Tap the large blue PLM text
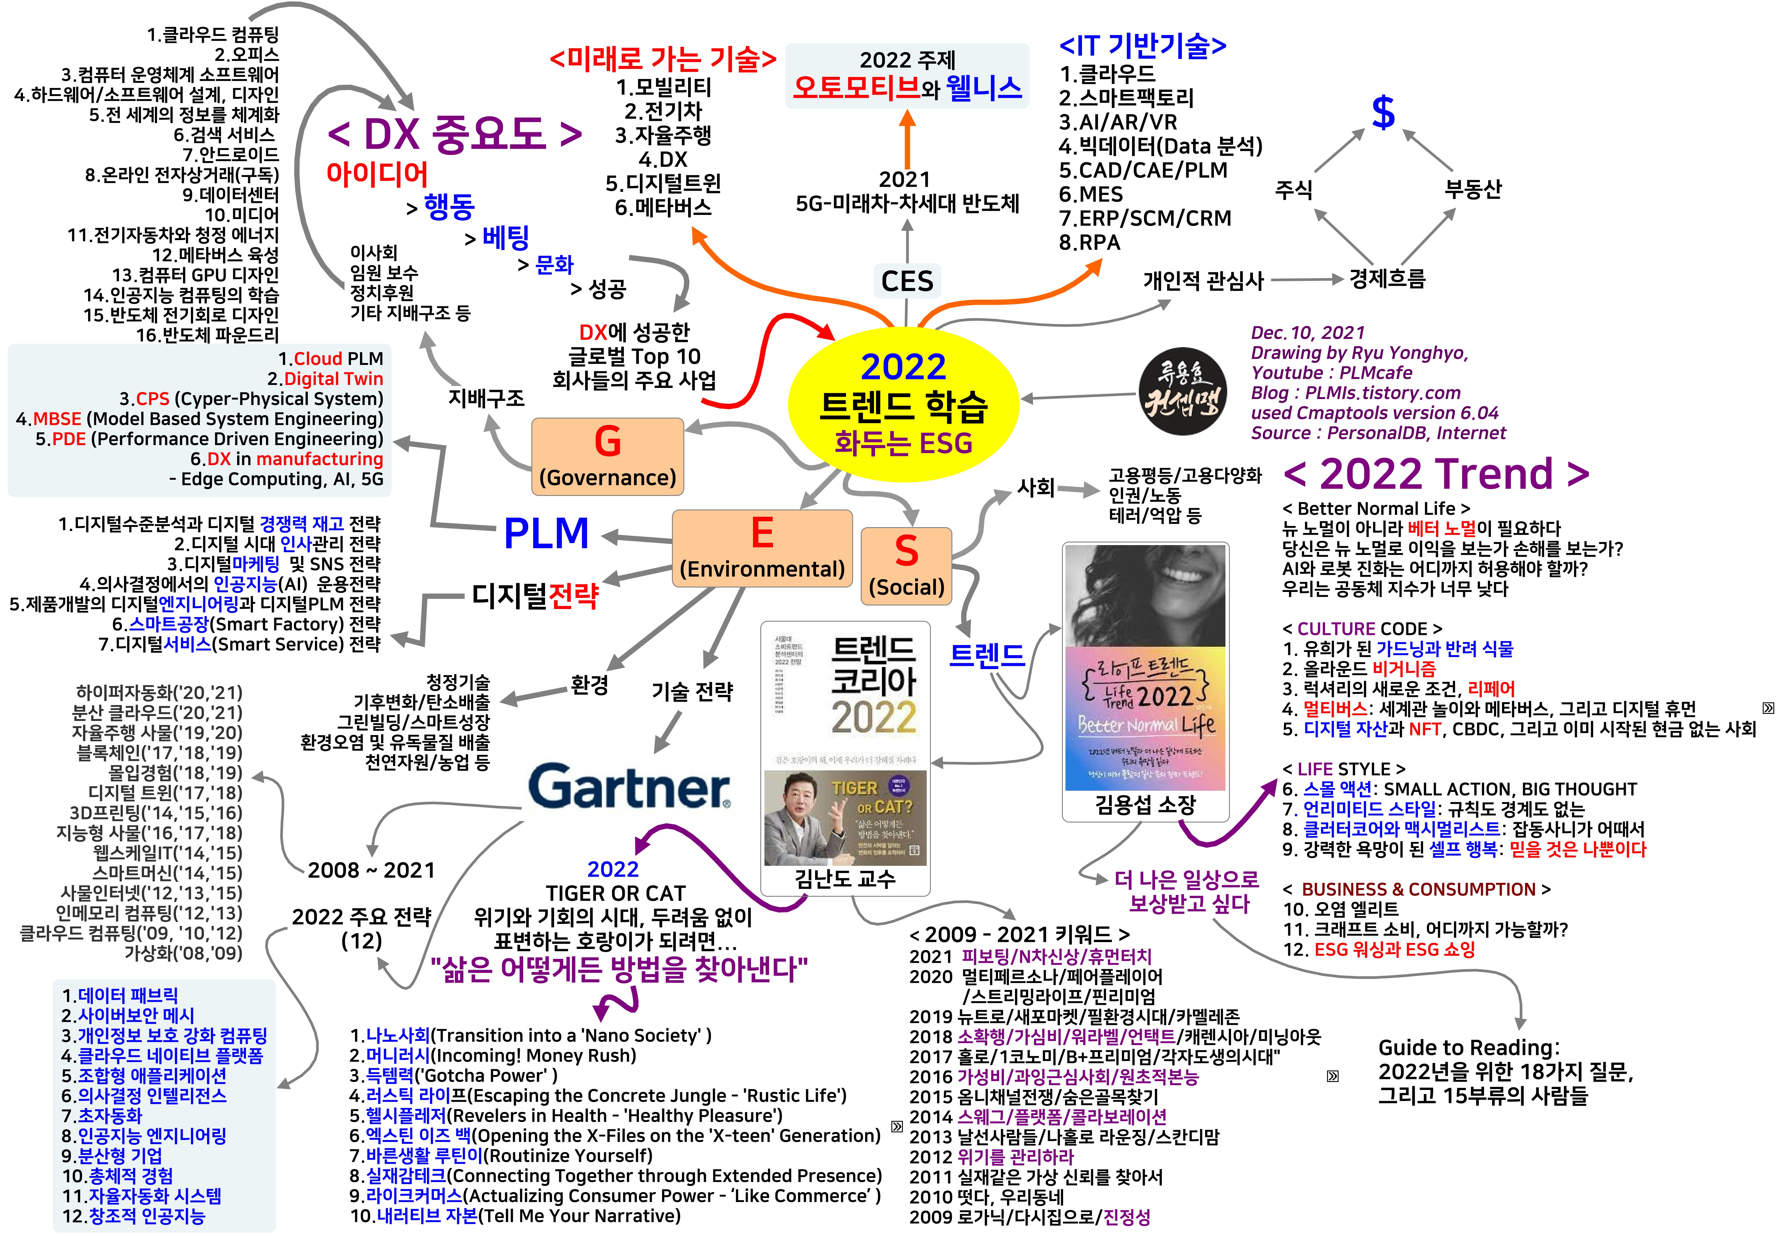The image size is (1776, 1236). tap(546, 534)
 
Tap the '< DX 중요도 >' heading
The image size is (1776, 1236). tap(455, 134)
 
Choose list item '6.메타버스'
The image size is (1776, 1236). tap(663, 207)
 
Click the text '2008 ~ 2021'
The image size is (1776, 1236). tap(371, 870)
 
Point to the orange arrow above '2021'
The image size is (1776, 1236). tap(907, 139)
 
